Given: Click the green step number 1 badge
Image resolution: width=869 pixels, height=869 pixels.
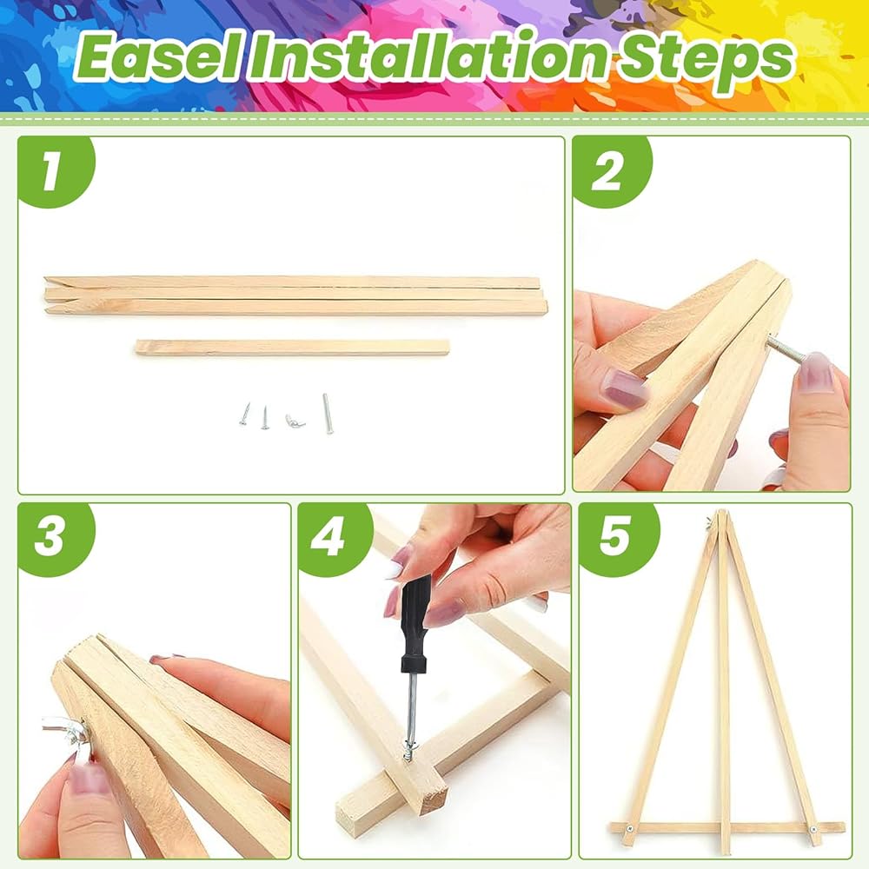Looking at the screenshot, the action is pos(55,171).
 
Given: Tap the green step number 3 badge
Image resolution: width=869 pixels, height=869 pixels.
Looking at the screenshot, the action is pos(55,539).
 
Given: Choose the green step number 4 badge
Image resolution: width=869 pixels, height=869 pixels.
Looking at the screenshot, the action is pos(335,539).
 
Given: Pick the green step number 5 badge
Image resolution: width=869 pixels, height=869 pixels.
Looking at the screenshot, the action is pos(617,539).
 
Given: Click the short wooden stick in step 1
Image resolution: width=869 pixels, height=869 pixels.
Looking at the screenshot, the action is pos(292,348).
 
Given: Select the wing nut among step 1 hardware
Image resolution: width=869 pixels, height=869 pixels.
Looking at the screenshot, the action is pos(295,421).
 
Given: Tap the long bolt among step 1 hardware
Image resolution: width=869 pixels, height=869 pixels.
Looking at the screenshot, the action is pos(328,413).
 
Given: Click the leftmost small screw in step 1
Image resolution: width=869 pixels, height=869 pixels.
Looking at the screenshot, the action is pos(244,414).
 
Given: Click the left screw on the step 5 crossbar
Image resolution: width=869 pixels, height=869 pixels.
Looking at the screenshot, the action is pos(630,828).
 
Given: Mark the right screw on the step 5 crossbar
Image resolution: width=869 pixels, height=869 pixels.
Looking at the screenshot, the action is pos(813,830).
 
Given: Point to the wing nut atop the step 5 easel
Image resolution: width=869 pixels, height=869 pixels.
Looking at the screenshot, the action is pos(710,521).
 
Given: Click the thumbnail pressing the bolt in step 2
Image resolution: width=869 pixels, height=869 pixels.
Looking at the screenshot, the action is pos(813,372).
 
